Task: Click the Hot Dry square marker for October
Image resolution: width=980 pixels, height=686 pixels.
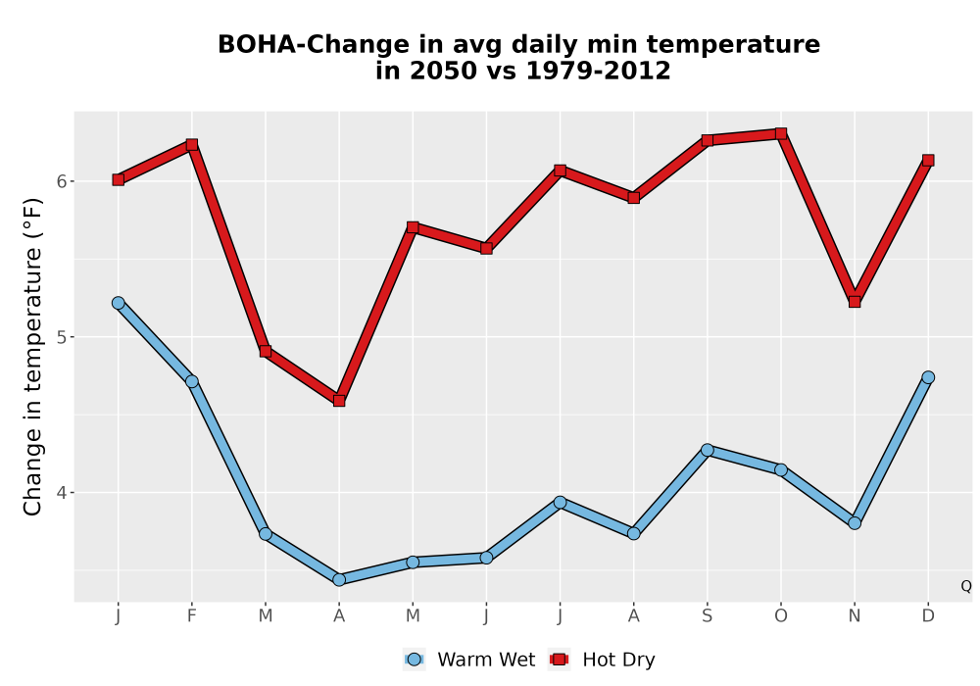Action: (x=781, y=133)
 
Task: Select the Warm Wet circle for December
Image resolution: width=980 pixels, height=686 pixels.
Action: (x=928, y=377)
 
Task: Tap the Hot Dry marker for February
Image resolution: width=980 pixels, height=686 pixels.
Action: (x=192, y=144)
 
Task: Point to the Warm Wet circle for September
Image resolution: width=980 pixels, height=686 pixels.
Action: (x=707, y=450)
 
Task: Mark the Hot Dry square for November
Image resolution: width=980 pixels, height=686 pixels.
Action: (x=855, y=302)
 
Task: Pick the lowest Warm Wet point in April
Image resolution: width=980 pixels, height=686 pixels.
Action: (x=339, y=579)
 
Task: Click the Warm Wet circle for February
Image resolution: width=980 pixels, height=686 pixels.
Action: (x=192, y=381)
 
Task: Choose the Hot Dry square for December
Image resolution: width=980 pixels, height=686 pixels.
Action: (x=928, y=161)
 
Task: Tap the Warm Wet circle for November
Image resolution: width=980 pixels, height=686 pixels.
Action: (x=855, y=523)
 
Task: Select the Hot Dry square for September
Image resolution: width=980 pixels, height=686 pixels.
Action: (x=707, y=140)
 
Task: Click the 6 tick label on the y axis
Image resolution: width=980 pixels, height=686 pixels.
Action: (x=61, y=181)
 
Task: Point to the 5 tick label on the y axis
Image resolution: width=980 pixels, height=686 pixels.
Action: (x=61, y=337)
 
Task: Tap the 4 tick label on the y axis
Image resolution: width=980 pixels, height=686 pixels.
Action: (x=61, y=492)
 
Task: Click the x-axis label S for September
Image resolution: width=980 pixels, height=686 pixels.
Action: (x=707, y=616)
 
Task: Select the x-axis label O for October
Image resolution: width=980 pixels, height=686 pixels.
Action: (x=781, y=616)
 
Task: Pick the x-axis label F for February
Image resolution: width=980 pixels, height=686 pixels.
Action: (x=192, y=616)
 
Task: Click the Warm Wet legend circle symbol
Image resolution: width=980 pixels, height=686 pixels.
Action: (x=414, y=660)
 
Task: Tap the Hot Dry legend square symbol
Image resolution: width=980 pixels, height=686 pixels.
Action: (x=559, y=660)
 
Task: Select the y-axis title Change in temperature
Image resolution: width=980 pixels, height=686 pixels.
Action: (x=32, y=357)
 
